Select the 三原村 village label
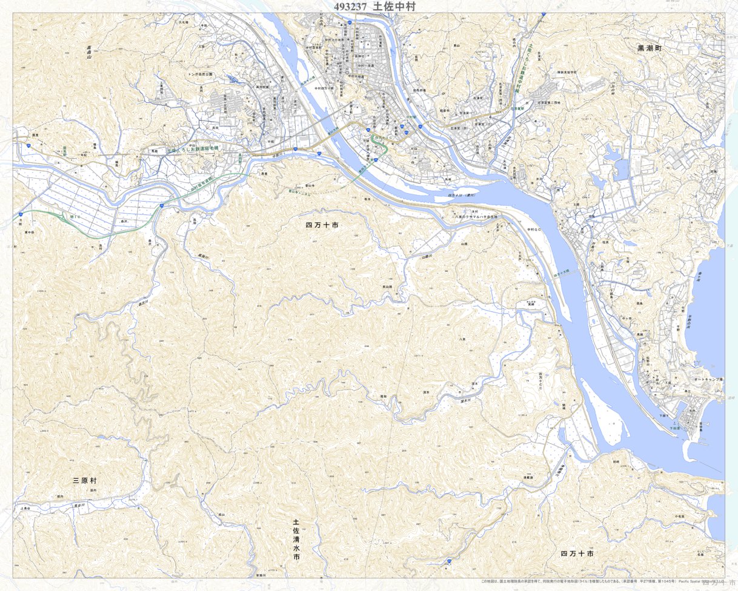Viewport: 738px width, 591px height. [x=85, y=480]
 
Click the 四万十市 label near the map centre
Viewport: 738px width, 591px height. [x=321, y=225]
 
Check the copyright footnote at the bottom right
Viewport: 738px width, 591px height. [x=600, y=581]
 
